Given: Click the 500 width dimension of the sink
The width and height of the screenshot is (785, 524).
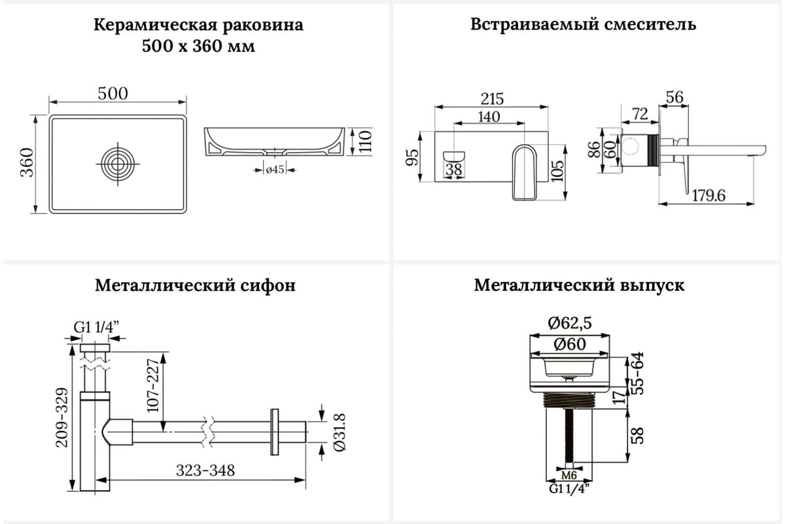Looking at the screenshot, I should click(x=113, y=93).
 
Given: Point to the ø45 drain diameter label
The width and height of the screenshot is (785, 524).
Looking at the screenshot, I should click(x=274, y=170).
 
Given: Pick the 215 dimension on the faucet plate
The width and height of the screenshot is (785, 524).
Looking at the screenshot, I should click(x=492, y=98).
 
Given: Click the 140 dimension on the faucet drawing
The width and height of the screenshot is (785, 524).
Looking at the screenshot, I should click(x=489, y=117).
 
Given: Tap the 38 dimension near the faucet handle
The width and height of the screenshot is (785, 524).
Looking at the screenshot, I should click(x=453, y=170).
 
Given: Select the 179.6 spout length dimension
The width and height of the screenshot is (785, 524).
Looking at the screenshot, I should click(x=710, y=195).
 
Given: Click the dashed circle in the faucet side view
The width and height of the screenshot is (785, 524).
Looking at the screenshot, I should click(x=632, y=147).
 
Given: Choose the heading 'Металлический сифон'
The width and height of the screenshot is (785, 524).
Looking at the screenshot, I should click(x=195, y=286).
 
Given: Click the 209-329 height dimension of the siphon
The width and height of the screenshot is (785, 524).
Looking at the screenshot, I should click(x=61, y=416).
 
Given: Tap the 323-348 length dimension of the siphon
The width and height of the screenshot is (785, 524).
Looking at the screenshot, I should click(x=205, y=470).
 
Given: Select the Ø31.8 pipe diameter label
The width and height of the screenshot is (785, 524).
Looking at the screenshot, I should click(x=339, y=432).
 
